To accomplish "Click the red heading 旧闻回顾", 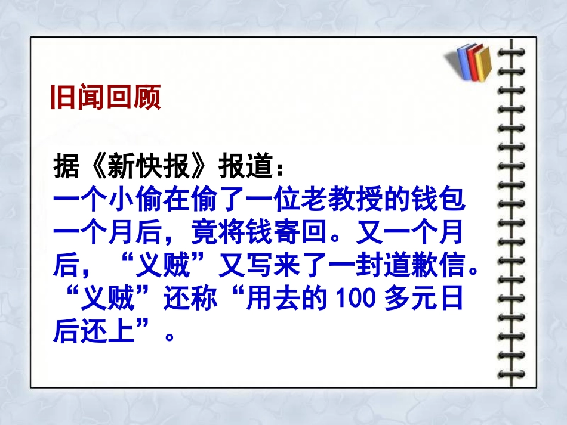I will [x=105, y=99].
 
